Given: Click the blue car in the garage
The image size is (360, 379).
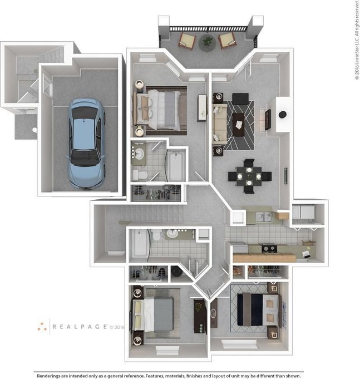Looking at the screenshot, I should (86, 143).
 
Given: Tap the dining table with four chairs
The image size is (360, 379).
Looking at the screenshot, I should (249, 176).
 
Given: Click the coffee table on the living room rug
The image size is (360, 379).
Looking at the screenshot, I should (239, 124).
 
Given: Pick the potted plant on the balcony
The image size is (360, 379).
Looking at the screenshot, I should (208, 41).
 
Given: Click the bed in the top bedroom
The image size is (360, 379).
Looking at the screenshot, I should (159, 109).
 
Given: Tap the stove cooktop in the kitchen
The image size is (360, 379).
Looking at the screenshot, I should (269, 248).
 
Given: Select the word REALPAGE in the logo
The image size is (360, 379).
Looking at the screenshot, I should (80, 327).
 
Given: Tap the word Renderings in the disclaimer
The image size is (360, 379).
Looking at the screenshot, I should (52, 376).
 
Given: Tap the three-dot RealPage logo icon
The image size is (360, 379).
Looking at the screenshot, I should (42, 327).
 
